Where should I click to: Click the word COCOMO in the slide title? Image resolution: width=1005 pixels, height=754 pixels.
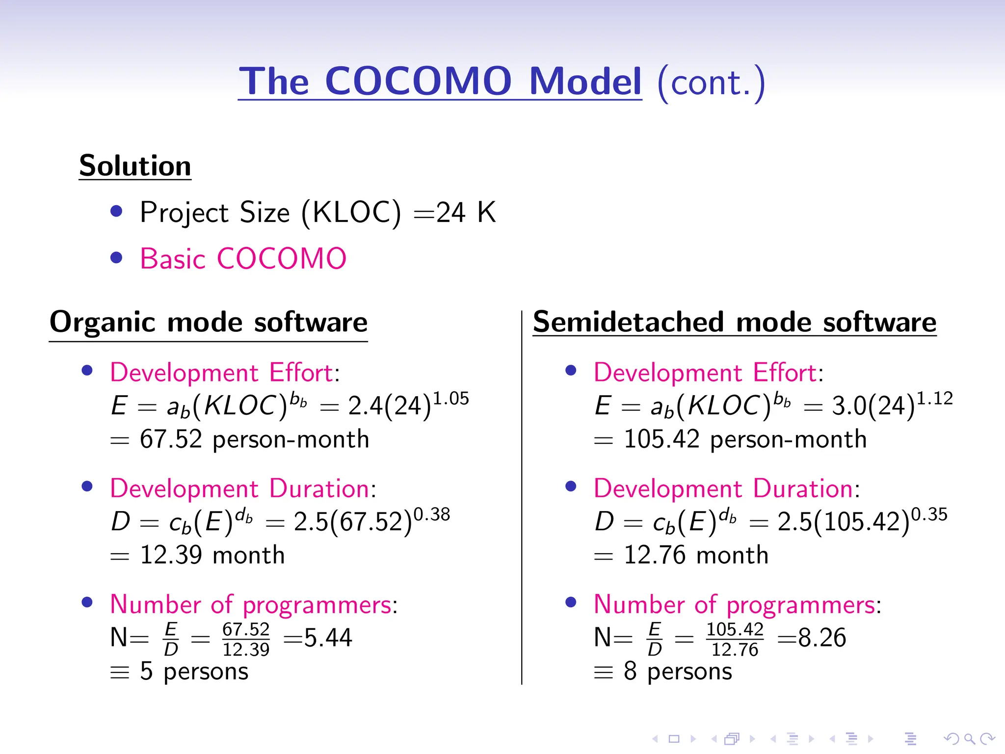(418, 81)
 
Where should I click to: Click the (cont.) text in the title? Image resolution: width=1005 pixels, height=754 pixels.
(711, 82)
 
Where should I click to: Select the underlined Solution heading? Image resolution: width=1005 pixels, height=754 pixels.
(135, 166)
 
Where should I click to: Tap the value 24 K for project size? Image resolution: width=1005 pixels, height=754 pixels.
(466, 213)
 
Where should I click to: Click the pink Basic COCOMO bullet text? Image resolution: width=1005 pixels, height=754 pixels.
(243, 259)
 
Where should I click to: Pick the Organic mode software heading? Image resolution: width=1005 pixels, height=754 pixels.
(209, 323)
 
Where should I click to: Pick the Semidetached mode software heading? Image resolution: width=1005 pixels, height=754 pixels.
(735, 323)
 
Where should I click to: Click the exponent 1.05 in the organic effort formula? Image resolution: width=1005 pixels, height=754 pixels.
(451, 398)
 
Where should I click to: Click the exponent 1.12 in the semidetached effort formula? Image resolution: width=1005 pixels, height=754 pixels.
(935, 398)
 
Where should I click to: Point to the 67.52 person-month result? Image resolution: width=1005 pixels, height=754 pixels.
(254, 439)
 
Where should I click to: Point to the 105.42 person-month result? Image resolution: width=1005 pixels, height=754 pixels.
(744, 439)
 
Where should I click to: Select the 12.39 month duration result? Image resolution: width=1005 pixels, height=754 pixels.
(212, 555)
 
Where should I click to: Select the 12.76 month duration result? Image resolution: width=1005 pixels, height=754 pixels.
(696, 555)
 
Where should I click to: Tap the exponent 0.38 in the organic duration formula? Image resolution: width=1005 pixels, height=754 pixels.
(432, 514)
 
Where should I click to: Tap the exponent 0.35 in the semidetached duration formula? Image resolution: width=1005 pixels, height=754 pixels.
(929, 514)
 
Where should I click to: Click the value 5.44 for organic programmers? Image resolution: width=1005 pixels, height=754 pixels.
(328, 638)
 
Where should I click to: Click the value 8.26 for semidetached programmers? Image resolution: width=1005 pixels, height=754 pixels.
(822, 638)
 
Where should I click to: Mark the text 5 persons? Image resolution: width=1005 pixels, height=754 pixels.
(194, 671)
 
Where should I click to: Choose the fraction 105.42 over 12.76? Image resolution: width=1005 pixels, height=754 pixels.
(735, 639)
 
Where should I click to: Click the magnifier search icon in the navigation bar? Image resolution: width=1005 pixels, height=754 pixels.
(969, 738)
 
